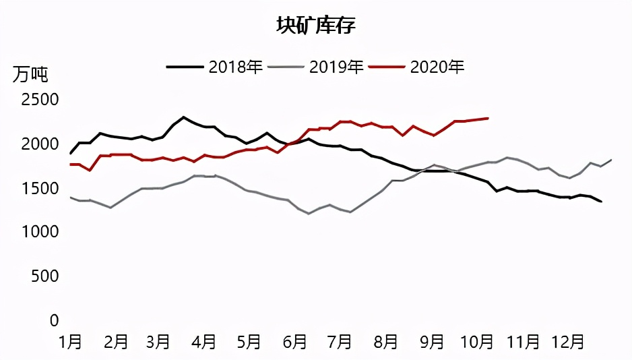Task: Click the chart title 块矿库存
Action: click(316, 26)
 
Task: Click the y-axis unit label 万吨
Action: click(30, 73)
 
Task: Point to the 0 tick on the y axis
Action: click(55, 321)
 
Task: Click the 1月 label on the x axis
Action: click(70, 342)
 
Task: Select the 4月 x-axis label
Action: click(204, 342)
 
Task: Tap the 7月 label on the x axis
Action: click(340, 342)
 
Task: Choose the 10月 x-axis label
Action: click(476, 342)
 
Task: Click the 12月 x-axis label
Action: click(567, 342)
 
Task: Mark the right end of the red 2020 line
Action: click(488, 118)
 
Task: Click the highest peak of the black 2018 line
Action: click(183, 117)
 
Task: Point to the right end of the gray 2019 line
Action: click(611, 160)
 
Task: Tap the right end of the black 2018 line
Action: click(601, 202)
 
